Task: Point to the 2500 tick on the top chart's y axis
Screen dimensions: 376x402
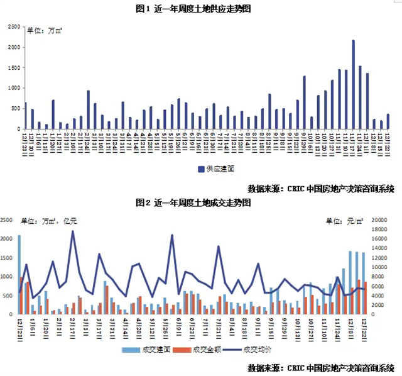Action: coord(14,27)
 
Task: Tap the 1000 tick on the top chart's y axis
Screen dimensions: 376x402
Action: coord(14,88)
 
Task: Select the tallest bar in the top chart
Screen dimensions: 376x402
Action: coord(353,84)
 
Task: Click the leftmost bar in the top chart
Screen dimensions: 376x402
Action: coord(25,116)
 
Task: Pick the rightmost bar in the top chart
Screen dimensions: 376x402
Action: coord(388,121)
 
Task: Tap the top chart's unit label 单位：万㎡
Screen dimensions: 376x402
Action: coord(45,30)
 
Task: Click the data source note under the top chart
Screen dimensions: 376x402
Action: coord(320,187)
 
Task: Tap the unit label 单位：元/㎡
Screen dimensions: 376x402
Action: coord(345,221)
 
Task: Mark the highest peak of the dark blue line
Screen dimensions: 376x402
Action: coord(73,231)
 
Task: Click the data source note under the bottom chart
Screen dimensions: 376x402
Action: coord(320,368)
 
